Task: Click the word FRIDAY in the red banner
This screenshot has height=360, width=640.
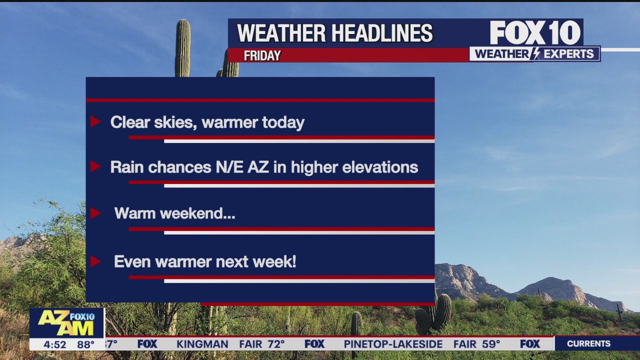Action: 262,55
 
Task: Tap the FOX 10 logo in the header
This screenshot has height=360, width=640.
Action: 535,33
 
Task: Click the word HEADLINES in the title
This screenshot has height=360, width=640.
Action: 382,33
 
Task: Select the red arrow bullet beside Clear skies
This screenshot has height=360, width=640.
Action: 95,121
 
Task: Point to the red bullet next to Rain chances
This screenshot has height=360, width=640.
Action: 95,166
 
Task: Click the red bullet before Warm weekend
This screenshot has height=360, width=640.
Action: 95,213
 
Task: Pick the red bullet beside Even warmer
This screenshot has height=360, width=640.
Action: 95,261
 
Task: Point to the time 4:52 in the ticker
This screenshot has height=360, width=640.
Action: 54,344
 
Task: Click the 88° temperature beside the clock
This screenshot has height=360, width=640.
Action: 85,344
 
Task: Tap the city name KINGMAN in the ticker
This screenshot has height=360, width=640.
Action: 202,344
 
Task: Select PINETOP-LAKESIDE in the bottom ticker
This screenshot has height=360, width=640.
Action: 393,344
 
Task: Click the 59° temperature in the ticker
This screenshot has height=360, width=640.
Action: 490,344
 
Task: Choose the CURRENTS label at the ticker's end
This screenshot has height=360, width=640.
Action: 588,343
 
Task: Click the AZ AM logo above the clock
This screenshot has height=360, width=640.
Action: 66,323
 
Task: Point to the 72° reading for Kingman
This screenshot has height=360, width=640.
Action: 275,344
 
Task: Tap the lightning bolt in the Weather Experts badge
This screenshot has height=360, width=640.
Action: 535,54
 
